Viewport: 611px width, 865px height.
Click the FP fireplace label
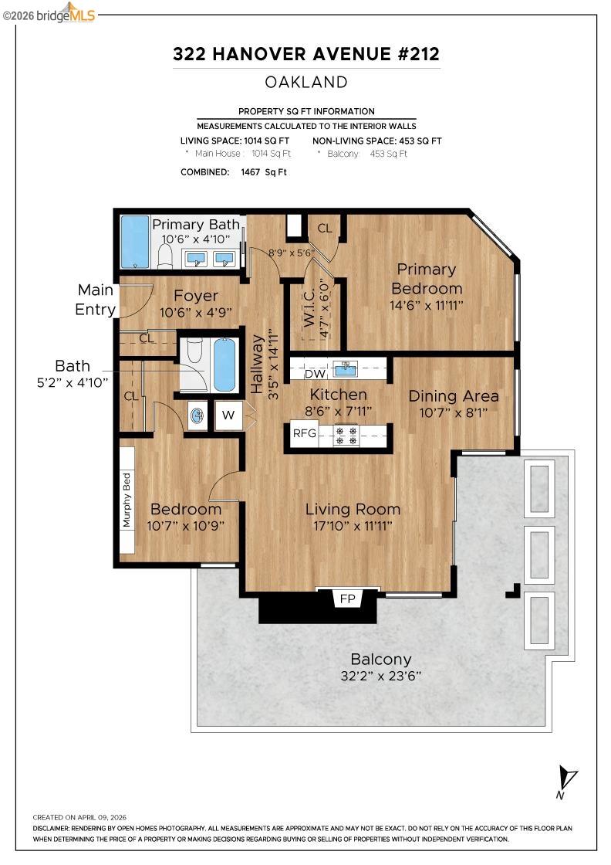[346, 599]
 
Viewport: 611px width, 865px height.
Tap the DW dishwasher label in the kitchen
[314, 374]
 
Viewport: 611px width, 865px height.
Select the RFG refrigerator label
[304, 433]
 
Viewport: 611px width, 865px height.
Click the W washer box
[228, 416]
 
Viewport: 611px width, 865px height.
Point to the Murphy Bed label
[127, 500]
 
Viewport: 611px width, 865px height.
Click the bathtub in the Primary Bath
[135, 241]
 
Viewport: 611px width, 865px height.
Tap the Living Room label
[353, 509]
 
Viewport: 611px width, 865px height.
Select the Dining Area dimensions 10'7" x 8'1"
[454, 413]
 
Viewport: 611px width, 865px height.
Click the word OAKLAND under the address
[306, 82]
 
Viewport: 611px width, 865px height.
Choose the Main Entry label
[96, 300]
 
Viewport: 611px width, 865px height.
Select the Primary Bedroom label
[427, 279]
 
